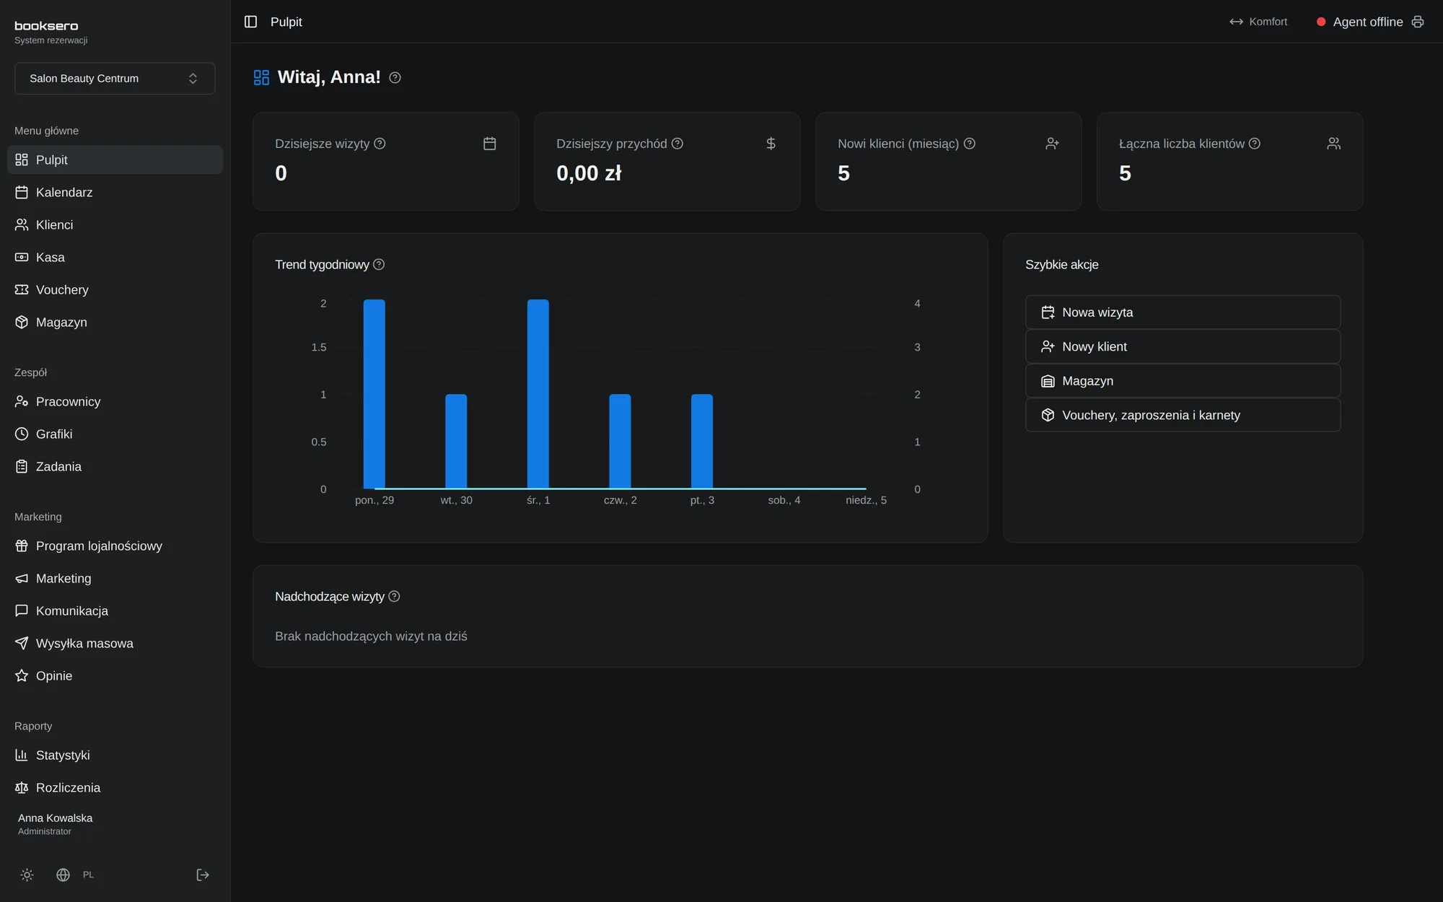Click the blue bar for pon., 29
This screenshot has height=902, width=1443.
tap(374, 394)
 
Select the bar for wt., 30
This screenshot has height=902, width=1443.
tap(456, 442)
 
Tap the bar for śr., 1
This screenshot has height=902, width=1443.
tap(538, 394)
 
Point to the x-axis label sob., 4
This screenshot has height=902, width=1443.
tap(784, 500)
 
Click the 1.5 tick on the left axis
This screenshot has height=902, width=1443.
tap(319, 347)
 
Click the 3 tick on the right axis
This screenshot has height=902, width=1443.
tap(917, 347)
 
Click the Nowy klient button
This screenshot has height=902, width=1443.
tap(1183, 346)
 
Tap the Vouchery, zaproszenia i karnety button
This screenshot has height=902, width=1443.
tap(1183, 415)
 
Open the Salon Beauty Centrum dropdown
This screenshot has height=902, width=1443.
tap(115, 78)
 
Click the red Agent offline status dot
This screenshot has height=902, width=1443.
tap(1321, 22)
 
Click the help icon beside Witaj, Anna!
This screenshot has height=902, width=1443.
tap(395, 78)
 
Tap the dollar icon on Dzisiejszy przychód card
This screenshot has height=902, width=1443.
tap(771, 144)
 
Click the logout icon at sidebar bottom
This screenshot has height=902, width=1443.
tap(203, 875)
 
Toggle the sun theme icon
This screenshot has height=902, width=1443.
tap(27, 875)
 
